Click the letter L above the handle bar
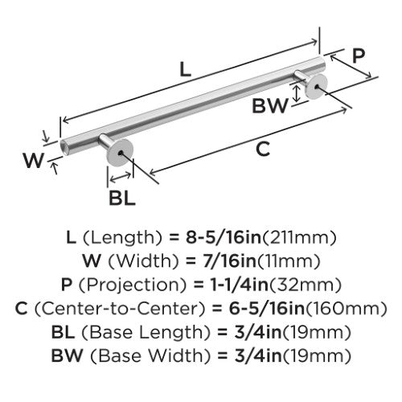pos(185,69)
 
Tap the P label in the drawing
pos(359,55)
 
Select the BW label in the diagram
pos(270,105)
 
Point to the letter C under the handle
pos(263,149)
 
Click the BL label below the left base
pos(122,198)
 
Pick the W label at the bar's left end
pos(33,160)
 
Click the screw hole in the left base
pos(120,153)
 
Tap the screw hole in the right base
pos(317,87)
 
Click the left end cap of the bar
pos(64,147)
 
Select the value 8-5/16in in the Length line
pos(224,237)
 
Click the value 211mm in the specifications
pos(299,238)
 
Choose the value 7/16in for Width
pos(229,260)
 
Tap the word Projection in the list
pos(132,285)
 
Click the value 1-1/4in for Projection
pos(240,285)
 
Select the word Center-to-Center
pos(120,308)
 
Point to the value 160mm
pos(347,309)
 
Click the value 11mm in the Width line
pos(289,261)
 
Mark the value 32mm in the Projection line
pos(306,285)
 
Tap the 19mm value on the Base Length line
pos(317,333)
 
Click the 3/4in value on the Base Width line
pos(258,355)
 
